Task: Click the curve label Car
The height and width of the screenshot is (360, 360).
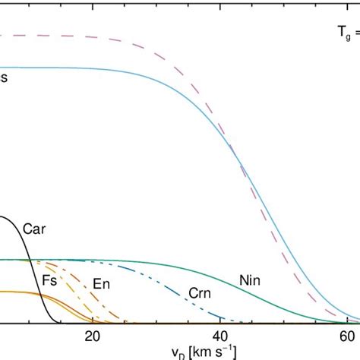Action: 33,227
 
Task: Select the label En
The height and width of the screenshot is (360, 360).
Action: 99,284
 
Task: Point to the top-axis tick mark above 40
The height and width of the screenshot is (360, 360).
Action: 220,3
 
